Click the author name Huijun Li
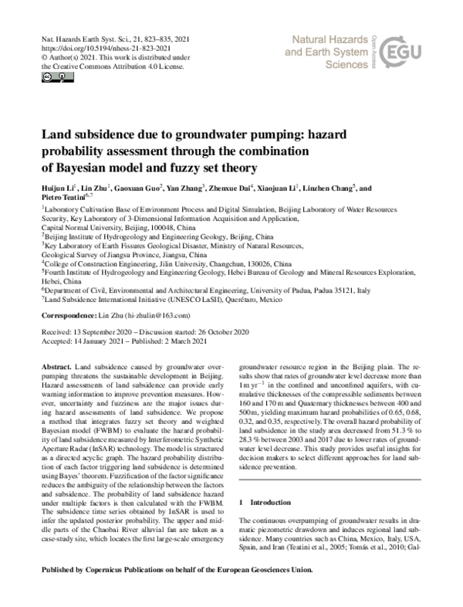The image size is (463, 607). point(57,188)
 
